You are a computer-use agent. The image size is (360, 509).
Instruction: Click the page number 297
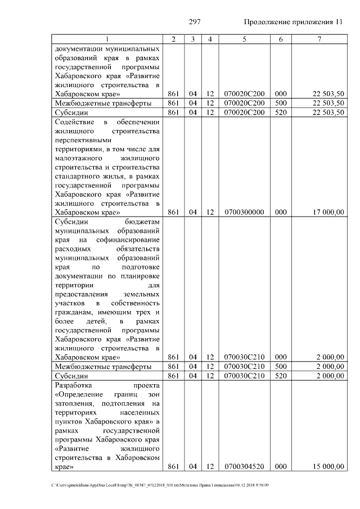coord(195,22)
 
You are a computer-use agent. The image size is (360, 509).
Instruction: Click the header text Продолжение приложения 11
coord(293,22)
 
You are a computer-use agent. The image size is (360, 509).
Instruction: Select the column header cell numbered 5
coord(244,39)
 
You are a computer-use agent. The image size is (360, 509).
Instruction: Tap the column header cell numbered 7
coord(319,39)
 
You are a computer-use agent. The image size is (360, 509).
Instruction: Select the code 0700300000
coord(244,212)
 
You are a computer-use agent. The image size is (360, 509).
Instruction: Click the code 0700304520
coord(244,466)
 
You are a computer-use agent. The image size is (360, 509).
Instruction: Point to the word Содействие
coord(74,121)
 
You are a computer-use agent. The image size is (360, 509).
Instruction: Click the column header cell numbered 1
coord(107,39)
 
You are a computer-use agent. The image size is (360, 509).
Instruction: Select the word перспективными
coord(83,139)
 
